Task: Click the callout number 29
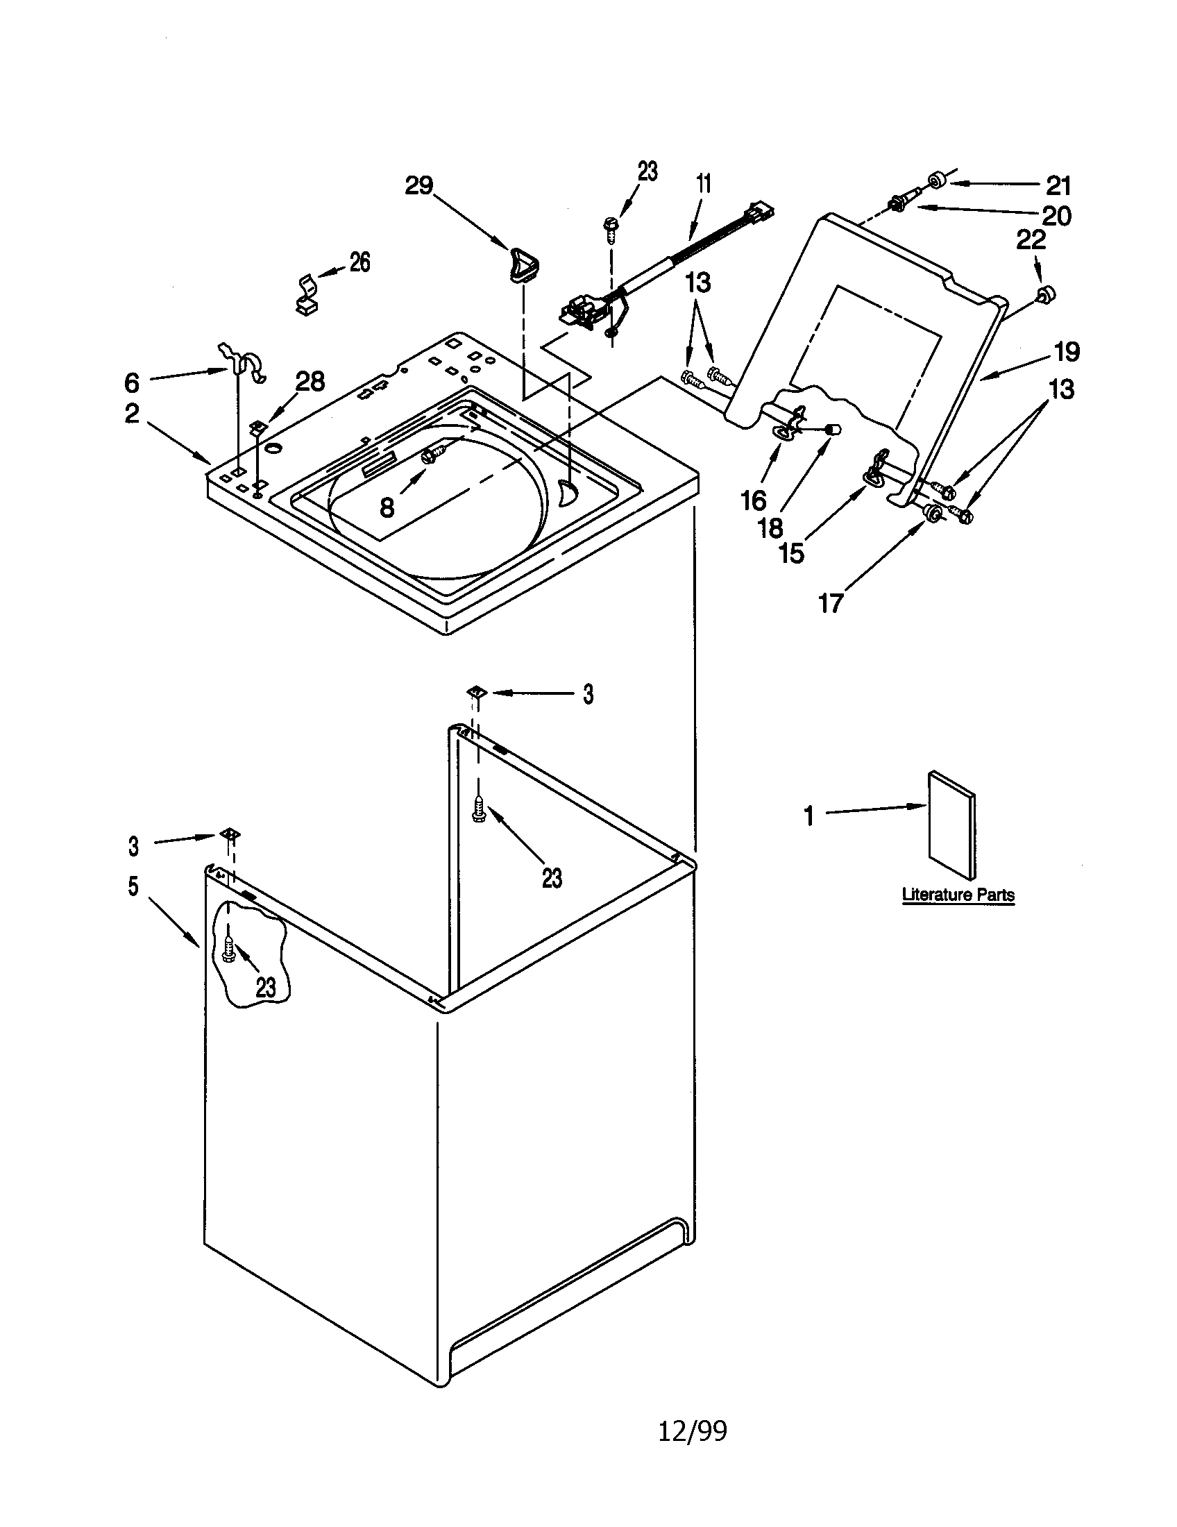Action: click(419, 185)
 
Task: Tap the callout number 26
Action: click(359, 262)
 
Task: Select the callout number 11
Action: click(704, 184)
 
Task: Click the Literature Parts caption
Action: click(958, 894)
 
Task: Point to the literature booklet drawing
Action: click(951, 825)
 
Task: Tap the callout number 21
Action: click(1058, 185)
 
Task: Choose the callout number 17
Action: click(830, 602)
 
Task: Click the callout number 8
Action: click(387, 508)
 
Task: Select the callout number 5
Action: click(133, 886)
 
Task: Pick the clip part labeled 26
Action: click(305, 294)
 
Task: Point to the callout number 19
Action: click(1067, 352)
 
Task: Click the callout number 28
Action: click(310, 381)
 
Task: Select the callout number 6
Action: click(132, 382)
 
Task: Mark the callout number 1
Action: click(808, 816)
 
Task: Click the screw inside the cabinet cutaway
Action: click(228, 947)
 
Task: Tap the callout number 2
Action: click(132, 414)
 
